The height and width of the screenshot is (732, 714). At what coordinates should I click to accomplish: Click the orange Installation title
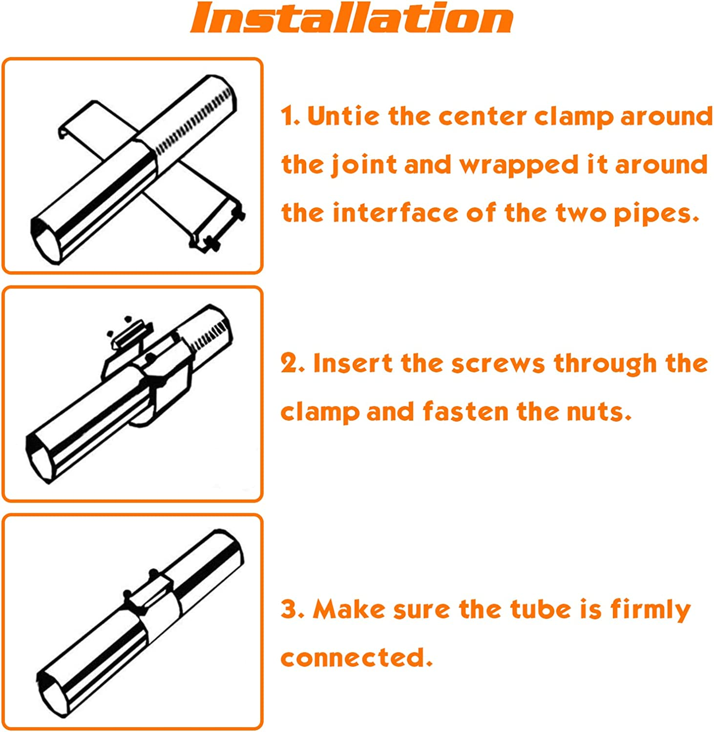(x=352, y=18)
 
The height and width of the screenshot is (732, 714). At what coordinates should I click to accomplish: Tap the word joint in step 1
(x=364, y=165)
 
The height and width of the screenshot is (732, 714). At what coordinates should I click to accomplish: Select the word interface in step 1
(x=396, y=213)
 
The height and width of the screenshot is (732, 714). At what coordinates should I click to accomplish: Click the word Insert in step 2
(x=352, y=363)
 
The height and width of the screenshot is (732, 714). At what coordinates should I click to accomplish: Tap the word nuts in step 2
(x=599, y=412)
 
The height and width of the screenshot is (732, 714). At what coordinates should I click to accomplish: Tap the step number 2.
(x=293, y=364)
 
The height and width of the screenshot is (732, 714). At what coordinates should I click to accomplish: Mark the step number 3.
(x=293, y=610)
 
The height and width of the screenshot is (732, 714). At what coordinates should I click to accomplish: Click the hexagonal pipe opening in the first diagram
(x=46, y=240)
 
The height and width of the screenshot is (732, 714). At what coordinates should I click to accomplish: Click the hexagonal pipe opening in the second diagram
(x=41, y=458)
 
